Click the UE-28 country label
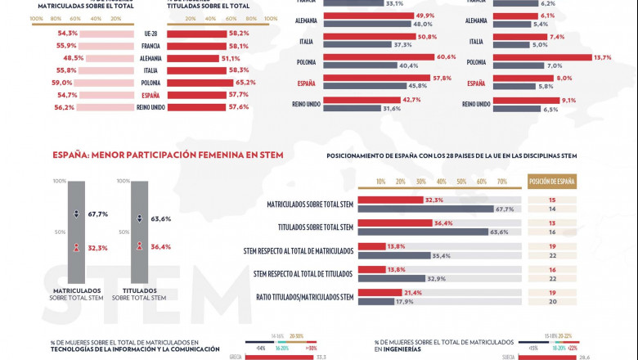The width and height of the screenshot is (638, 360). [150, 34]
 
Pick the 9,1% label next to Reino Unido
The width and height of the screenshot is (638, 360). [568, 100]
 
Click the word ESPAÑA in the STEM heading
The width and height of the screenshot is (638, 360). [70, 153]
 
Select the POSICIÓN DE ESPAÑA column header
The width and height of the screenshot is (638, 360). [552, 182]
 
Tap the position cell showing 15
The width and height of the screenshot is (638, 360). [552, 200]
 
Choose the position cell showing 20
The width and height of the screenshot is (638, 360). [552, 301]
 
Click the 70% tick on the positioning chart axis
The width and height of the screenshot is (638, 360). [501, 182]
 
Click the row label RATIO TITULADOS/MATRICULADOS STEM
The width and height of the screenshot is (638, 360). [304, 297]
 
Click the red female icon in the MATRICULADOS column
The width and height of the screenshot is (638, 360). [75, 247]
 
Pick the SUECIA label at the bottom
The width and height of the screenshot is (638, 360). [506, 357]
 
